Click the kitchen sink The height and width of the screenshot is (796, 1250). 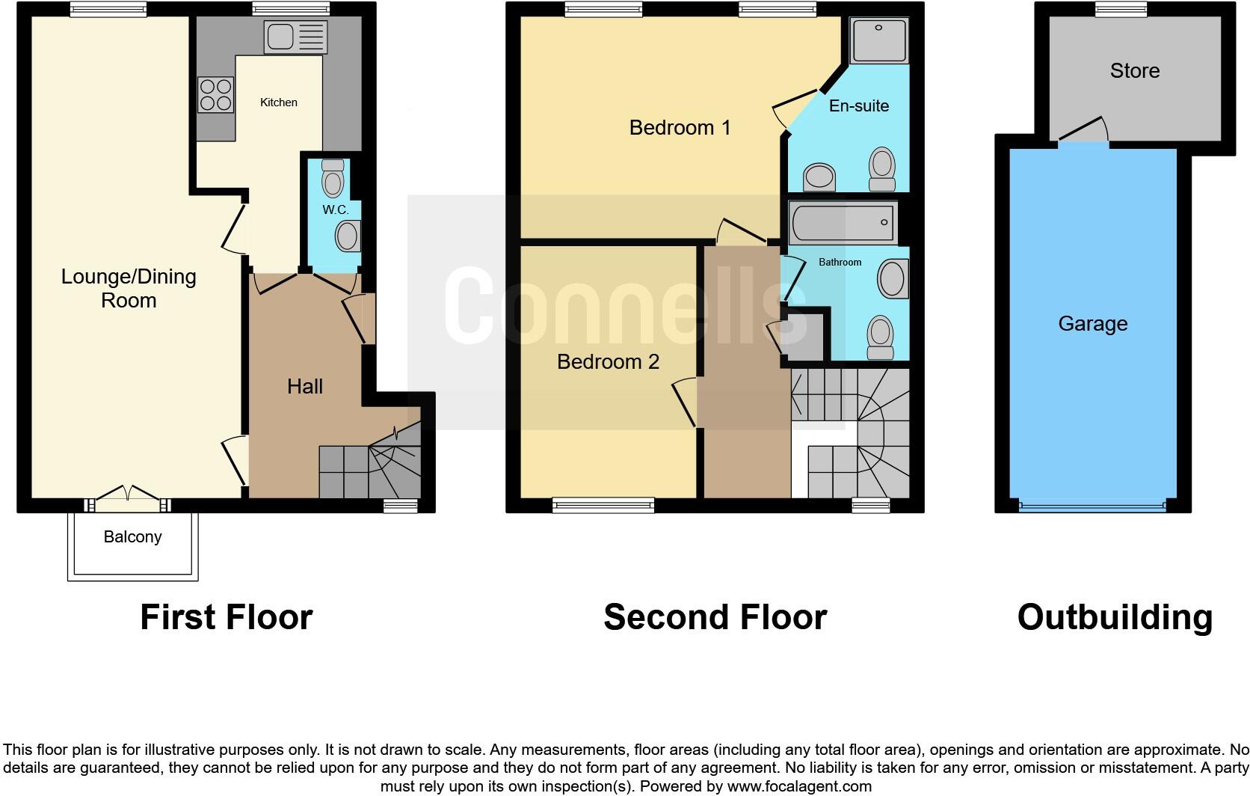click(295, 37)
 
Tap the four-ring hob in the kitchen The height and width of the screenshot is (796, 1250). click(215, 95)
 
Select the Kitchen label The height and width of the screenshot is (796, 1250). click(278, 102)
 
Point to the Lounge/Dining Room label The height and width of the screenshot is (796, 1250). click(129, 288)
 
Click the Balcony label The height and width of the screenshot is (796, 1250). click(132, 537)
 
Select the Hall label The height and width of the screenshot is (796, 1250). click(305, 387)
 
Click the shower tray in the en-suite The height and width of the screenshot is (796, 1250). click(879, 40)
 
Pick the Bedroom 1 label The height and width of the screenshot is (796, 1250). click(680, 128)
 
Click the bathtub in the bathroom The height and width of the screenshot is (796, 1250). click(843, 223)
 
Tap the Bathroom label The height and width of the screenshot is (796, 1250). click(840, 263)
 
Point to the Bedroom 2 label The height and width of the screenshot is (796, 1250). click(608, 362)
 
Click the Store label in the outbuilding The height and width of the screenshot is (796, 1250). click(1134, 71)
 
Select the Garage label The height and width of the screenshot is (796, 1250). click(1092, 324)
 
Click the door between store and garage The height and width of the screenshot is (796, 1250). click(1083, 132)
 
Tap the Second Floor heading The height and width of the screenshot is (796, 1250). click(715, 618)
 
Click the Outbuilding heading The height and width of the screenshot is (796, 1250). click(1114, 618)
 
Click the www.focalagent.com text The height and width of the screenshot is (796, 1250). click(798, 786)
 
